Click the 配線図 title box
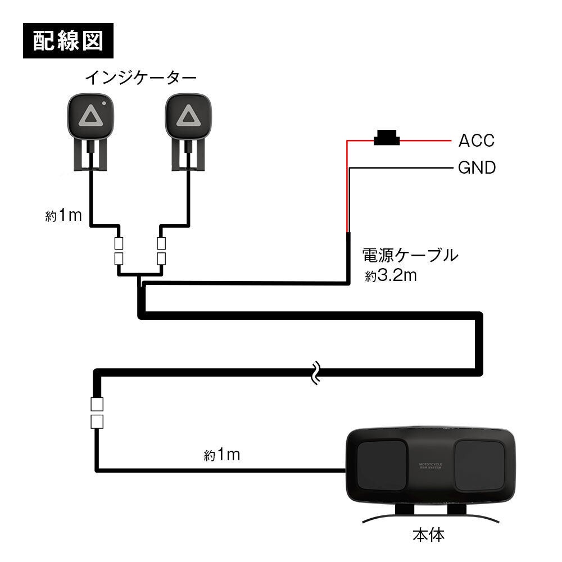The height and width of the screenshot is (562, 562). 69,40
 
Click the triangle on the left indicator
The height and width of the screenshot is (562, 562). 90,116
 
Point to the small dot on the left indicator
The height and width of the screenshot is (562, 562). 105,103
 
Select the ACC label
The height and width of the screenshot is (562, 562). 477,140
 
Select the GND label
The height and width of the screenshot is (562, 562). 477,167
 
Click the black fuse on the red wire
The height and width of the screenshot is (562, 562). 386,138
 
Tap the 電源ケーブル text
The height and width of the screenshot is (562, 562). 410,256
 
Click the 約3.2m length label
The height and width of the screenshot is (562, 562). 390,277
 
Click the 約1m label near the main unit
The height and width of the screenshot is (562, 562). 221,455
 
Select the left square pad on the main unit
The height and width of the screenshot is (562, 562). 382,464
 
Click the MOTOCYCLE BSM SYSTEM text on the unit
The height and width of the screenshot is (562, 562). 431,467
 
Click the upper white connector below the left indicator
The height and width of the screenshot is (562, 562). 119,244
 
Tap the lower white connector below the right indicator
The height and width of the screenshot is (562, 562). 162,259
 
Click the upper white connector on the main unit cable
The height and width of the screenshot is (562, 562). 97,404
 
